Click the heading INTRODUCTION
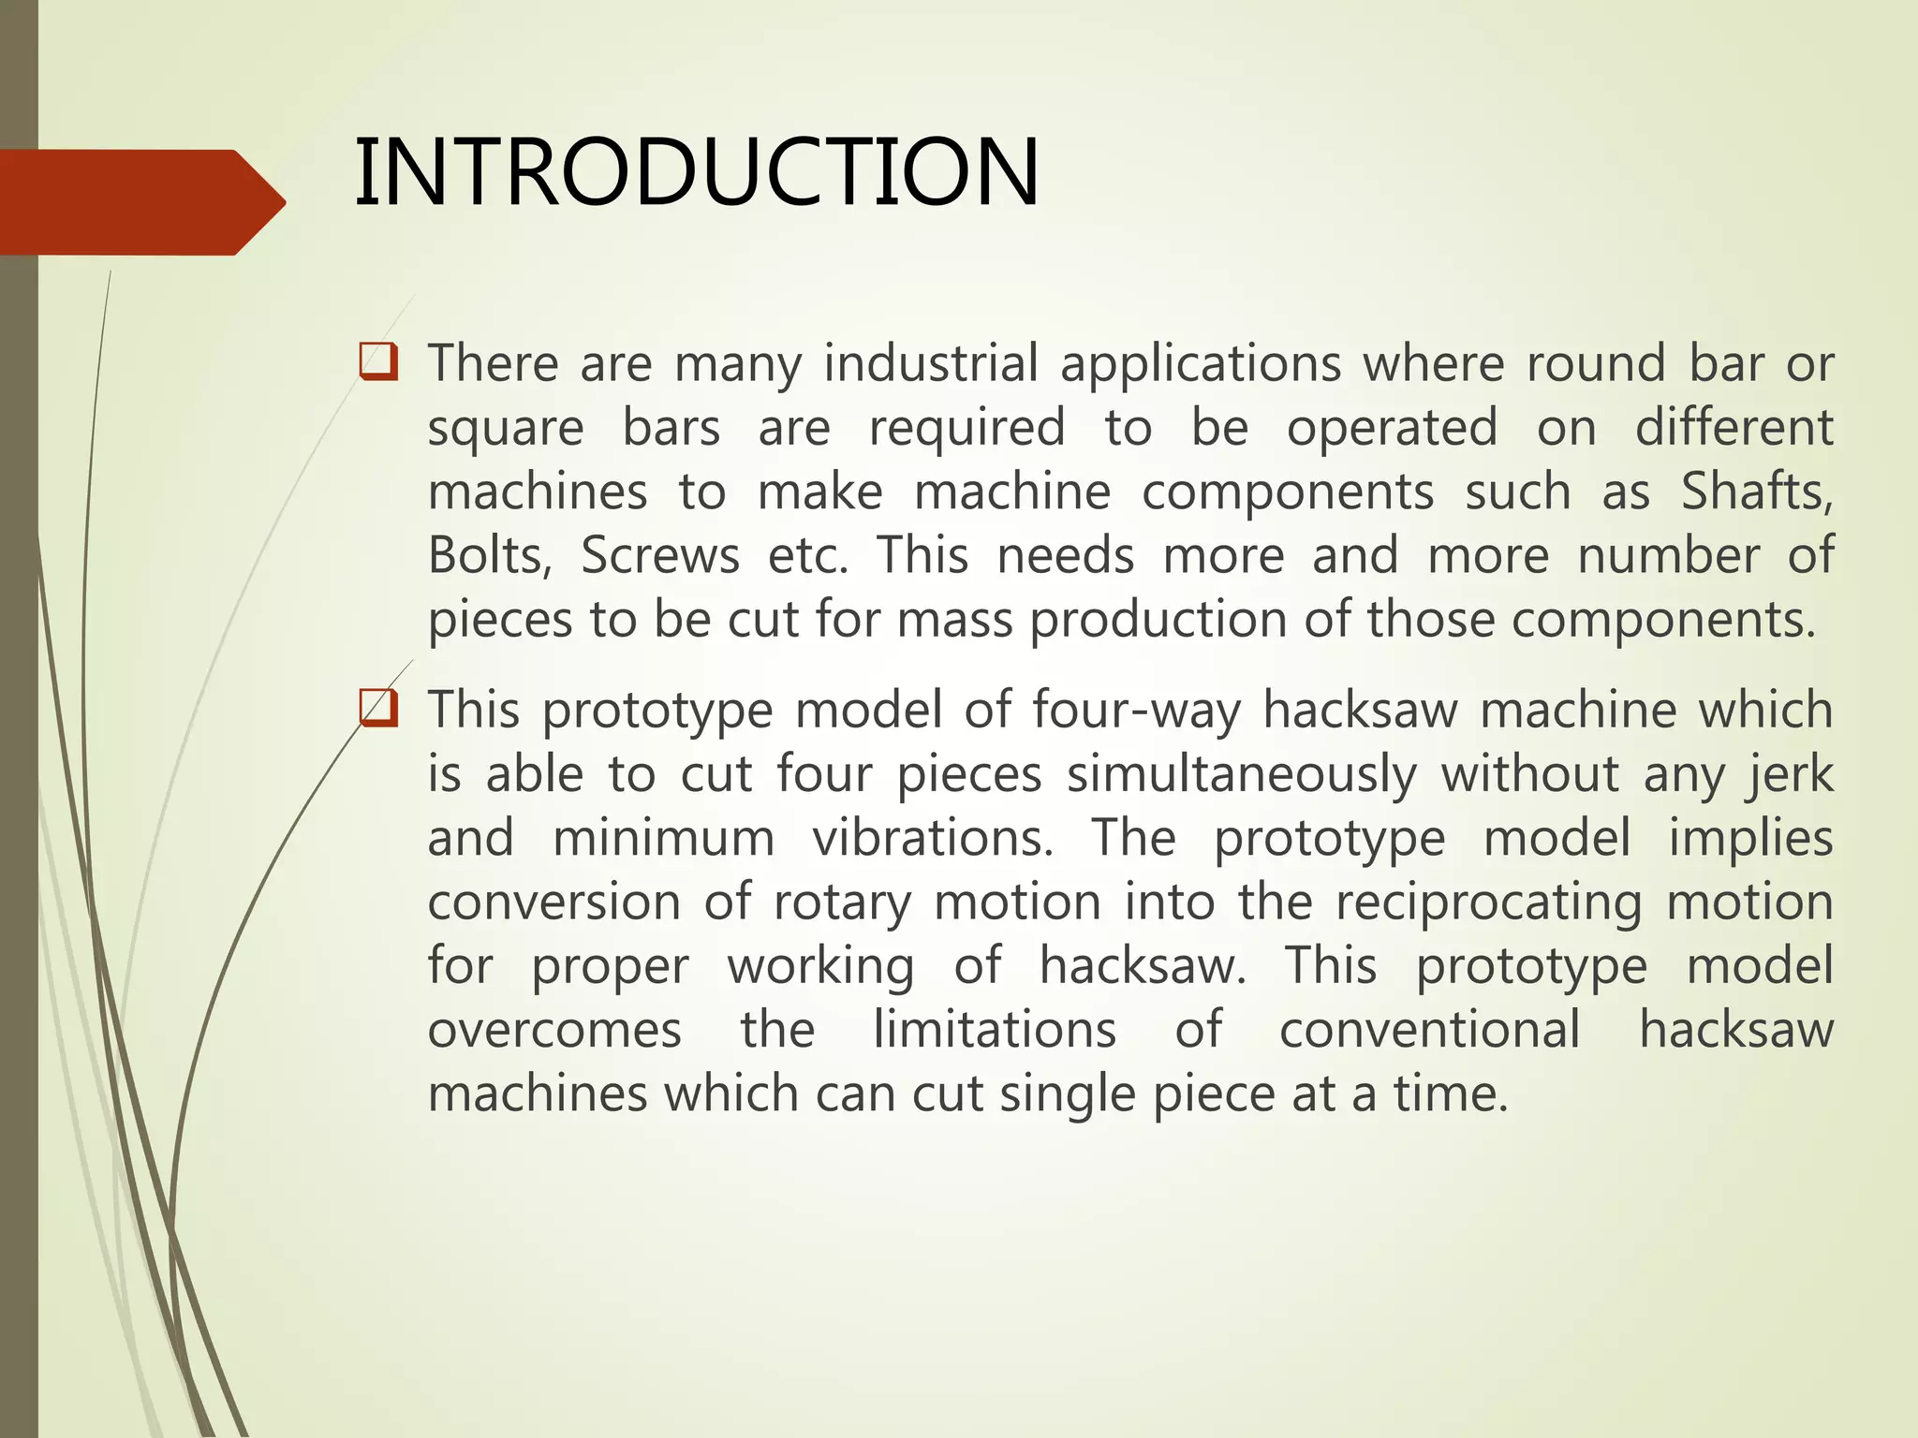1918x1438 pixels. pyautogui.click(x=697, y=173)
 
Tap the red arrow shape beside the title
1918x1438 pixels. pyautogui.click(x=140, y=202)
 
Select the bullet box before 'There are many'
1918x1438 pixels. pyautogui.click(x=378, y=362)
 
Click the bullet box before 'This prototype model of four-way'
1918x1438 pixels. pyautogui.click(x=378, y=709)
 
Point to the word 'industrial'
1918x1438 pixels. pyautogui.click(x=931, y=363)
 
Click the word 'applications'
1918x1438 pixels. pyautogui.click(x=1201, y=363)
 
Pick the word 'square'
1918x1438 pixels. pyautogui.click(x=506, y=429)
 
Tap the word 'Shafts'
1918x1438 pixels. pyautogui.click(x=1754, y=492)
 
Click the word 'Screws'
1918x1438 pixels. pyautogui.click(x=660, y=556)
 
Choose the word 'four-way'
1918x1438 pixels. pyautogui.click(x=1136, y=710)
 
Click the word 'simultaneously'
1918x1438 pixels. pyautogui.click(x=1242, y=774)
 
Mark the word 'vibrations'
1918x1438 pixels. pyautogui.click(x=932, y=838)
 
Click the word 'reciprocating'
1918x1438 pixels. pyautogui.click(x=1488, y=902)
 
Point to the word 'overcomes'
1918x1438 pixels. pyautogui.click(x=554, y=1030)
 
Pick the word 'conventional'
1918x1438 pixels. pyautogui.click(x=1430, y=1030)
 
